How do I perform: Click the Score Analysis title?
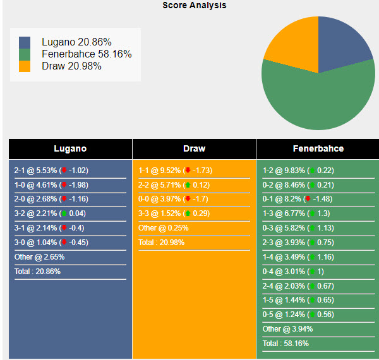coord(194,6)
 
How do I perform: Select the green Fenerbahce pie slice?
coord(316,101)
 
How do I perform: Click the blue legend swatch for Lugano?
coord(25,42)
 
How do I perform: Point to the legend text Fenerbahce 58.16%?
coord(87,54)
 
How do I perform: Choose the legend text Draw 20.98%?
coord(71,66)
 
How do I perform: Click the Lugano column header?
coord(70,149)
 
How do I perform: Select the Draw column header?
coord(194,149)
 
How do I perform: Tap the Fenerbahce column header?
coord(318,149)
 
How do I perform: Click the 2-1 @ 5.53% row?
coord(51,171)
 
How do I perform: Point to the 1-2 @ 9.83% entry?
coord(298,171)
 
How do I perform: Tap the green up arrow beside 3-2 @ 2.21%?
coord(63,213)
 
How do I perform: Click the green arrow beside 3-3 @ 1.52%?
coord(187,213)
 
